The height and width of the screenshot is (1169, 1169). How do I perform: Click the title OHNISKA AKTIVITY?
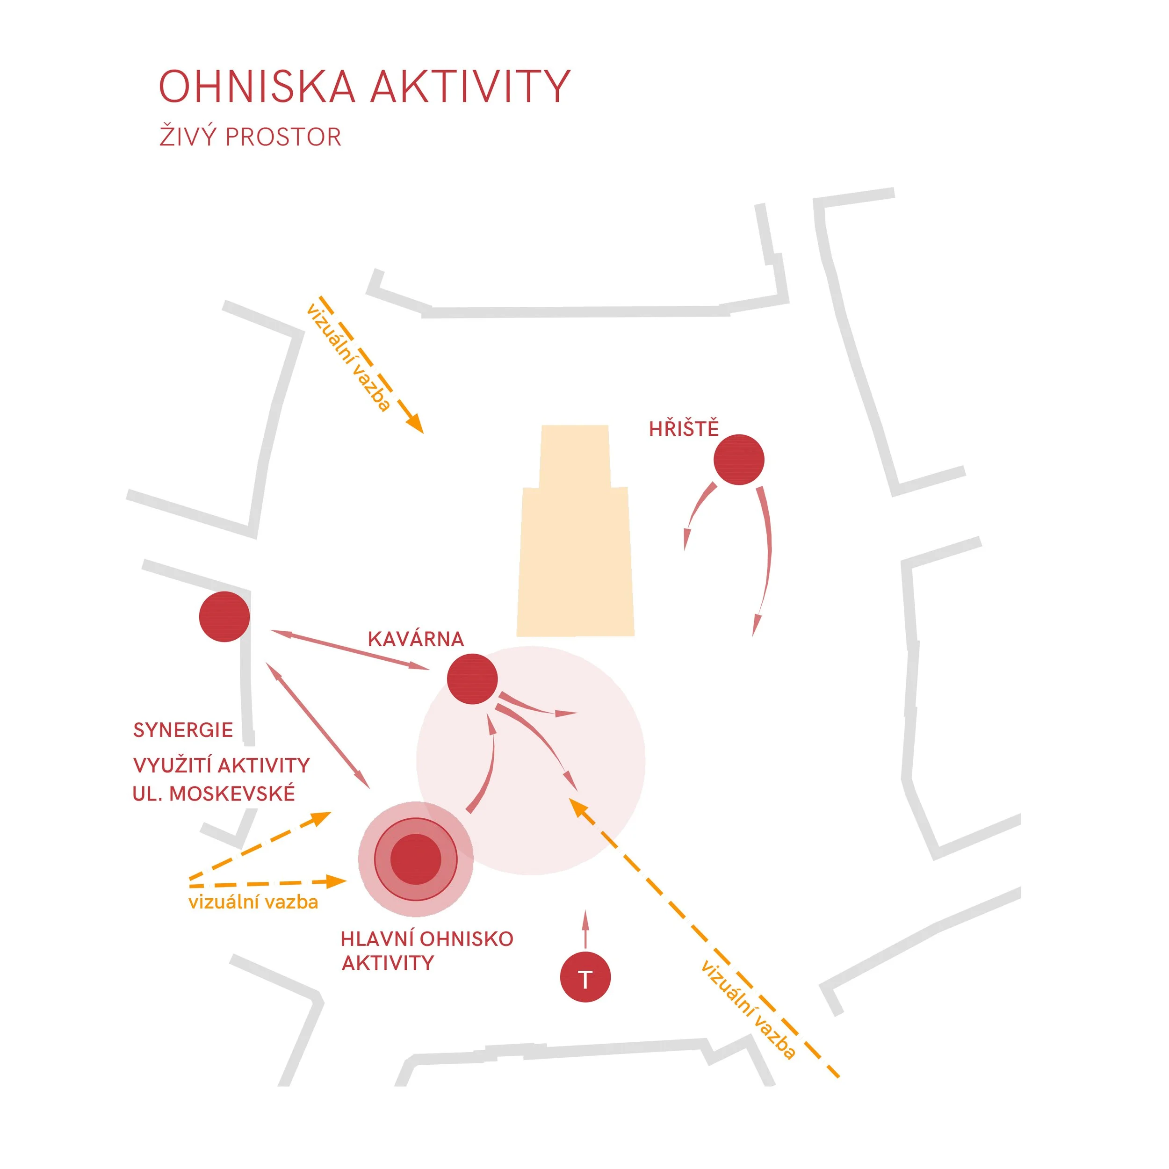(364, 86)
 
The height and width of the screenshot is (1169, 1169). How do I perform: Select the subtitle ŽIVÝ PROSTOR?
(250, 136)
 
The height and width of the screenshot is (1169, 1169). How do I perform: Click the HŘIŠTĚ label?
(684, 428)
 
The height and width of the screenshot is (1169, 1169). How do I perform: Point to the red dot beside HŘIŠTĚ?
(739, 460)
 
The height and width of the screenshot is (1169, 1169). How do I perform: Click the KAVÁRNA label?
(416, 639)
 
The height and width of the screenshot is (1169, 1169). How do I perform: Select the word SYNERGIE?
(183, 730)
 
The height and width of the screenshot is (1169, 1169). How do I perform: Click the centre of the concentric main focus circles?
(416, 859)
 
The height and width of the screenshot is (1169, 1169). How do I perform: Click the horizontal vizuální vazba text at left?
(253, 902)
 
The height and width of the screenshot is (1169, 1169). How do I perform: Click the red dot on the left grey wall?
(224, 617)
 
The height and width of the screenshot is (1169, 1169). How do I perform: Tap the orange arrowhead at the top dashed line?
(415, 424)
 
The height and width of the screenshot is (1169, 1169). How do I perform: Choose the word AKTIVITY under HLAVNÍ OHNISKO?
(388, 963)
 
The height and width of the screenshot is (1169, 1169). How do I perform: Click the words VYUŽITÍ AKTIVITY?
(222, 765)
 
